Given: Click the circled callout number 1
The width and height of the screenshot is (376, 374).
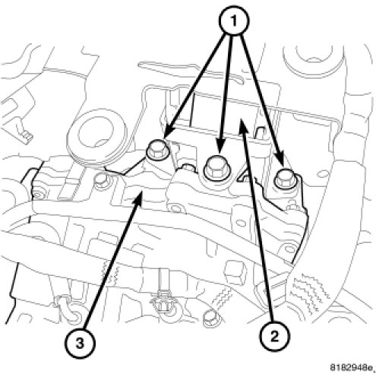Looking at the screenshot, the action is click(x=233, y=20).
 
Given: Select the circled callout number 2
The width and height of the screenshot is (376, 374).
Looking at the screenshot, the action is click(x=274, y=337).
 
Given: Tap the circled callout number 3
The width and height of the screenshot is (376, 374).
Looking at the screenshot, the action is click(x=80, y=344).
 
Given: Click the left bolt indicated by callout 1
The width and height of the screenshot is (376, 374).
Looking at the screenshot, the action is click(x=156, y=152).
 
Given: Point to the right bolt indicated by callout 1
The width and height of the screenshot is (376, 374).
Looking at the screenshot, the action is click(x=286, y=179).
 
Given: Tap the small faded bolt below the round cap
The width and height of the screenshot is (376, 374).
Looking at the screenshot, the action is click(x=102, y=182).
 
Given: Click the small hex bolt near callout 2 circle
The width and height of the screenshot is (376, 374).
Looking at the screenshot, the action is click(x=211, y=315).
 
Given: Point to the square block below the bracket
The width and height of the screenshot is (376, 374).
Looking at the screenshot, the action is click(x=236, y=274).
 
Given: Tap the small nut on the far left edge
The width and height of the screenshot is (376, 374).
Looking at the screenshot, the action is click(x=37, y=195).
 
